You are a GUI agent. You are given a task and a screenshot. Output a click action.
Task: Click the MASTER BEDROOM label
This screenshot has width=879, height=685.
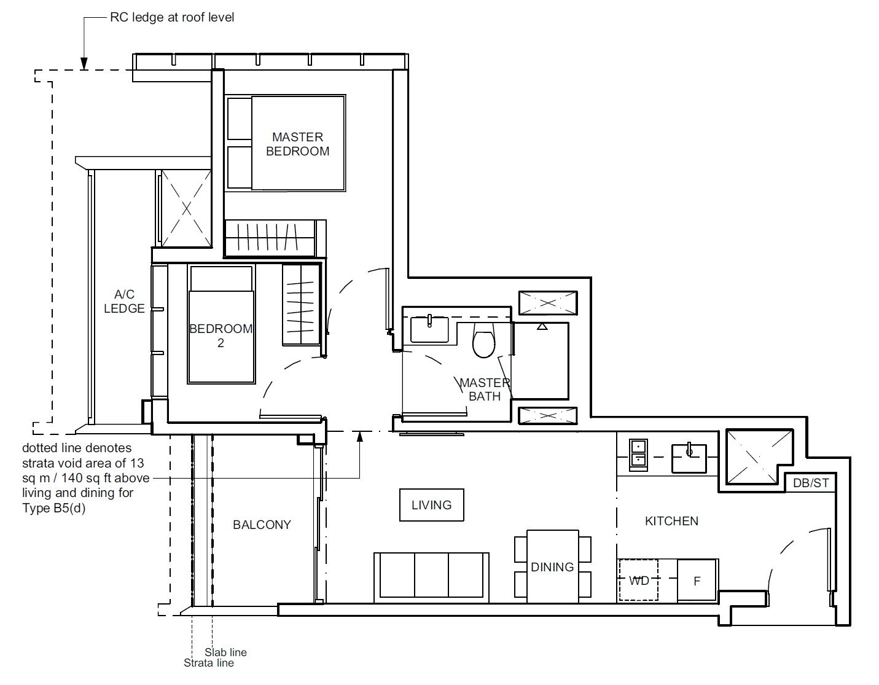(297, 144)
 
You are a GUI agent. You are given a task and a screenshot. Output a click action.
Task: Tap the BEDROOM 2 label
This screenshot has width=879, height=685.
(221, 335)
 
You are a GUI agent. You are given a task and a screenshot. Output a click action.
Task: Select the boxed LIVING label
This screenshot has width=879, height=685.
(431, 505)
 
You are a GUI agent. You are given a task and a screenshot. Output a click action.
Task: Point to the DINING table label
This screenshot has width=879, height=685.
(552, 567)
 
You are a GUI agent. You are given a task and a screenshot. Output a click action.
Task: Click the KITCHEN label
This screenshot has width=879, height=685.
(671, 521)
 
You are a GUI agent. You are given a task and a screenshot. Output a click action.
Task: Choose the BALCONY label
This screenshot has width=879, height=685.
(262, 525)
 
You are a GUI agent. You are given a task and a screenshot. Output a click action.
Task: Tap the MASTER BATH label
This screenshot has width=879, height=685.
(485, 389)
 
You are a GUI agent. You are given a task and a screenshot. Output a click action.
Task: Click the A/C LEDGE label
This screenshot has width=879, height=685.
(124, 302)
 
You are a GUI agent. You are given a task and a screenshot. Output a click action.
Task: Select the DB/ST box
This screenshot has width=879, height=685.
(811, 483)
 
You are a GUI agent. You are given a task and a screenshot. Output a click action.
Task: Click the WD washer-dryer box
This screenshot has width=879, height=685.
(638, 581)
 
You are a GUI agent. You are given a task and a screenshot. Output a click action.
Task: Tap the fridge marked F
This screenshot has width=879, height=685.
(697, 581)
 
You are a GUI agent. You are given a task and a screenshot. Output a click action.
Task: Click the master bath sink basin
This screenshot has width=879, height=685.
(430, 329)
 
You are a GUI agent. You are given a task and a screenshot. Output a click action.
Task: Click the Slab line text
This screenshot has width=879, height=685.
(225, 652)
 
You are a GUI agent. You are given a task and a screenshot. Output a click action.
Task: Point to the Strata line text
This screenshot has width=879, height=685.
(209, 663)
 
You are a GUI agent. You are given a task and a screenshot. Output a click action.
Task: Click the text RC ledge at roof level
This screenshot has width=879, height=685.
(172, 17)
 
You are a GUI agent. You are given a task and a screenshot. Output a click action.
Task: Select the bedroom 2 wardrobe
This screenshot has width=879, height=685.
(301, 305)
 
